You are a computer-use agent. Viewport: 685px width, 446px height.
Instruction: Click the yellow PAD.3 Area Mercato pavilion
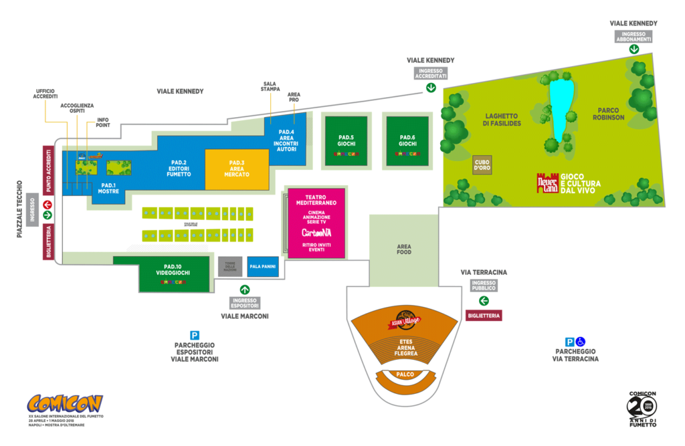point(237,168)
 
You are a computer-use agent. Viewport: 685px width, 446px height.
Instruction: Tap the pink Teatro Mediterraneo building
point(316,223)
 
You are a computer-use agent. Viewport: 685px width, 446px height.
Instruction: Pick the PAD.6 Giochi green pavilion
point(407,141)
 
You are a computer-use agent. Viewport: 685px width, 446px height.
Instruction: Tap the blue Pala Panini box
point(262,267)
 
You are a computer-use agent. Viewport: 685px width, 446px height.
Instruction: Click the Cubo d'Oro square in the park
point(482,164)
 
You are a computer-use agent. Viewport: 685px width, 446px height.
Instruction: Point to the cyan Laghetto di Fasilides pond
point(561,107)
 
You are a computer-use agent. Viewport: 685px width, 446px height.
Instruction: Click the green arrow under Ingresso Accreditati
point(431,87)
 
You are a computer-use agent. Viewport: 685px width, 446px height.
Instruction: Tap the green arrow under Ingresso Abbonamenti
point(633,48)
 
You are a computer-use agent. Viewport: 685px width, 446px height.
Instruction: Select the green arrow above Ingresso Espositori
point(245,290)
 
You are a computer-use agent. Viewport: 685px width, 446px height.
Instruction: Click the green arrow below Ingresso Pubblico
point(483,300)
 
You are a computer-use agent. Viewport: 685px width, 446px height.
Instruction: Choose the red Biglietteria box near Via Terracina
point(483,316)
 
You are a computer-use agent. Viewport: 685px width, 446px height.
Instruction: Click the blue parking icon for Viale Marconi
point(195,335)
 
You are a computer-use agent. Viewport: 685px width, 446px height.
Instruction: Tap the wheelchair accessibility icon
point(581,341)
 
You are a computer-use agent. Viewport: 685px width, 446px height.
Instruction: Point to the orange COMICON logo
point(65,404)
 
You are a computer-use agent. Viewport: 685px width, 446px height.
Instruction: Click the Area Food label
point(403,249)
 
